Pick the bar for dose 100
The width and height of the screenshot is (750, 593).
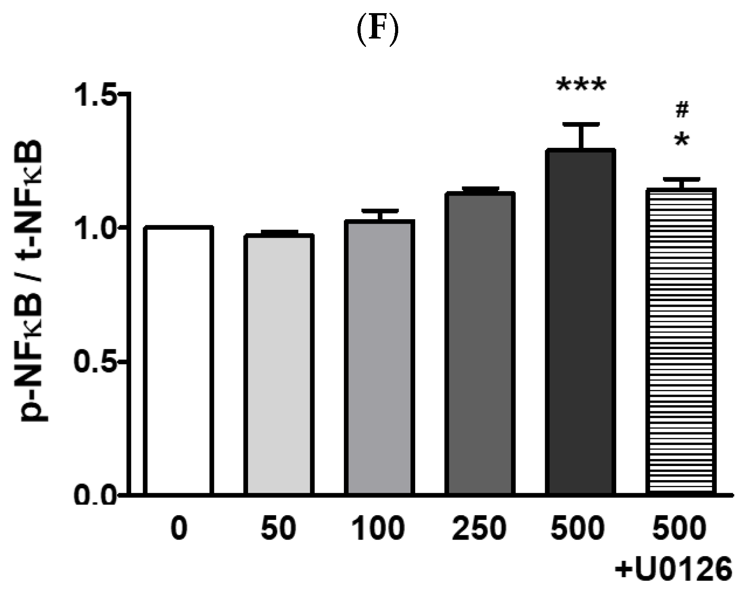point(379,357)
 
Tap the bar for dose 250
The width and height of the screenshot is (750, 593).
point(480,344)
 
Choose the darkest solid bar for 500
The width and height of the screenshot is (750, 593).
point(580,322)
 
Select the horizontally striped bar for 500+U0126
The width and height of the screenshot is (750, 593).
point(681,341)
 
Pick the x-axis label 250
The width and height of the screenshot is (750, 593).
point(479,528)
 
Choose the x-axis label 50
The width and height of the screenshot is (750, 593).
point(278,528)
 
